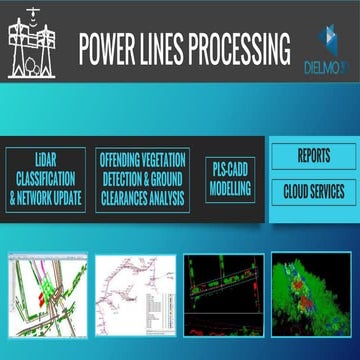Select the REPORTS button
tap(314, 156)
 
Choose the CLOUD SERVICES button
tap(314, 189)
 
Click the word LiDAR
tap(46, 158)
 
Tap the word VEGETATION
tap(162, 158)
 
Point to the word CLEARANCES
tap(129, 197)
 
